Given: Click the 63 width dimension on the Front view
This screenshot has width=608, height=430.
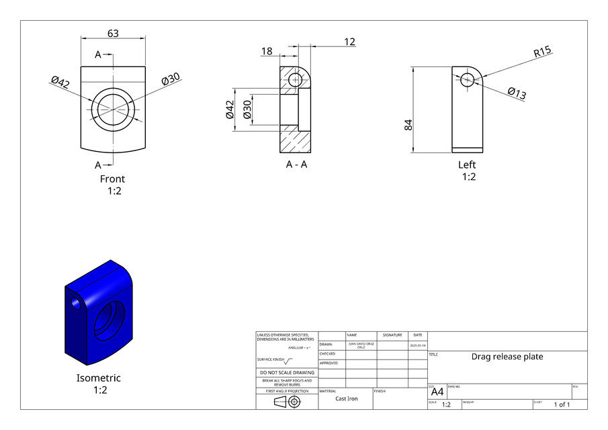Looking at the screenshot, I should [x=113, y=34].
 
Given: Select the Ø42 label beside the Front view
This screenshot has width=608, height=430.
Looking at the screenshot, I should [x=60, y=83].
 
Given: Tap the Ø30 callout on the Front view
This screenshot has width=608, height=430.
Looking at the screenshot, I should [x=171, y=79].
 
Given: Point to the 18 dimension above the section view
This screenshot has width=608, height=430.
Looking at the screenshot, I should [x=267, y=51].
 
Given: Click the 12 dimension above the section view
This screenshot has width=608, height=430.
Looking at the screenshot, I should [x=349, y=42].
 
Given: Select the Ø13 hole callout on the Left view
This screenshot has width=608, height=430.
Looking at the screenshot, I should [x=517, y=93].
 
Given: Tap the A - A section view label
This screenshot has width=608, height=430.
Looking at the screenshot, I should [x=296, y=165].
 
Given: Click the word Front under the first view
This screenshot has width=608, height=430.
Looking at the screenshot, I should [x=112, y=179].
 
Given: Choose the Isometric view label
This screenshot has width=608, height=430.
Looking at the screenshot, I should [x=99, y=378].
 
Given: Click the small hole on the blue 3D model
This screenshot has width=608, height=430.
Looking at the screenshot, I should [x=77, y=304].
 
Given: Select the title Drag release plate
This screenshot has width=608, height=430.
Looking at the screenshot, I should [x=507, y=357].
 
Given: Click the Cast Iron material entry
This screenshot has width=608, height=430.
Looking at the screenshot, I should [x=347, y=398].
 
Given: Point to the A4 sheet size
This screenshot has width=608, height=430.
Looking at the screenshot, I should [x=437, y=392].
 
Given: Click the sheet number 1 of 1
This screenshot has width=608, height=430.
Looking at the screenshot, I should [x=562, y=404].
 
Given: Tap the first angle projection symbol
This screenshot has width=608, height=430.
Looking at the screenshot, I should [x=286, y=402].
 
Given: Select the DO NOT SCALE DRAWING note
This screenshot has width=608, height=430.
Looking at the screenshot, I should [x=287, y=372].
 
